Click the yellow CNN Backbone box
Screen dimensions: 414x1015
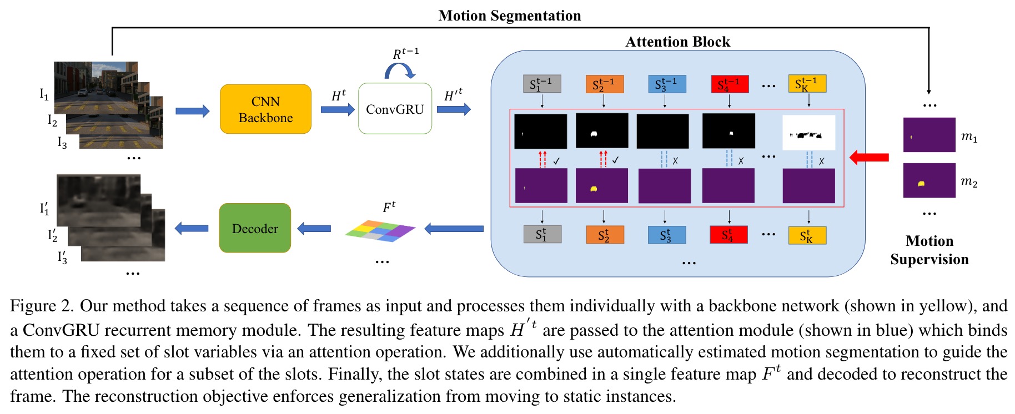point(265,109)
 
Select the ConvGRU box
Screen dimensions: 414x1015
point(395,109)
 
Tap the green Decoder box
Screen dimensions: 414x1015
point(255,228)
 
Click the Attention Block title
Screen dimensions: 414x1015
point(677,42)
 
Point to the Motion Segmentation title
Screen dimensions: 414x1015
point(509,16)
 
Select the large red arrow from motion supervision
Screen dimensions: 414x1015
point(870,158)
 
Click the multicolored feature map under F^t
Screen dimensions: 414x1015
point(380,230)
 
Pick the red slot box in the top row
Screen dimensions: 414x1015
point(730,84)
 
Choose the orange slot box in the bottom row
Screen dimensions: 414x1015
point(605,235)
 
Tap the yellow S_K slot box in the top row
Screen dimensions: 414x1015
point(807,84)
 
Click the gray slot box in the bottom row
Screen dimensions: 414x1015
point(542,234)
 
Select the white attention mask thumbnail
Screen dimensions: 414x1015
point(808,133)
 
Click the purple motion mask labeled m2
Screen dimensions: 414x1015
point(929,180)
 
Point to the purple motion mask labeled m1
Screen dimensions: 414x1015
point(929,135)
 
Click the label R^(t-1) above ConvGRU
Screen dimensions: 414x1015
point(406,53)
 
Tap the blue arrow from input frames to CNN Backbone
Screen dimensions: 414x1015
point(192,111)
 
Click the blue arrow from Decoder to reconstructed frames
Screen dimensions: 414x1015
point(192,228)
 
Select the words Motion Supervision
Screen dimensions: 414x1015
point(929,250)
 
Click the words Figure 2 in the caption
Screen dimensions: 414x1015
point(42,306)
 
